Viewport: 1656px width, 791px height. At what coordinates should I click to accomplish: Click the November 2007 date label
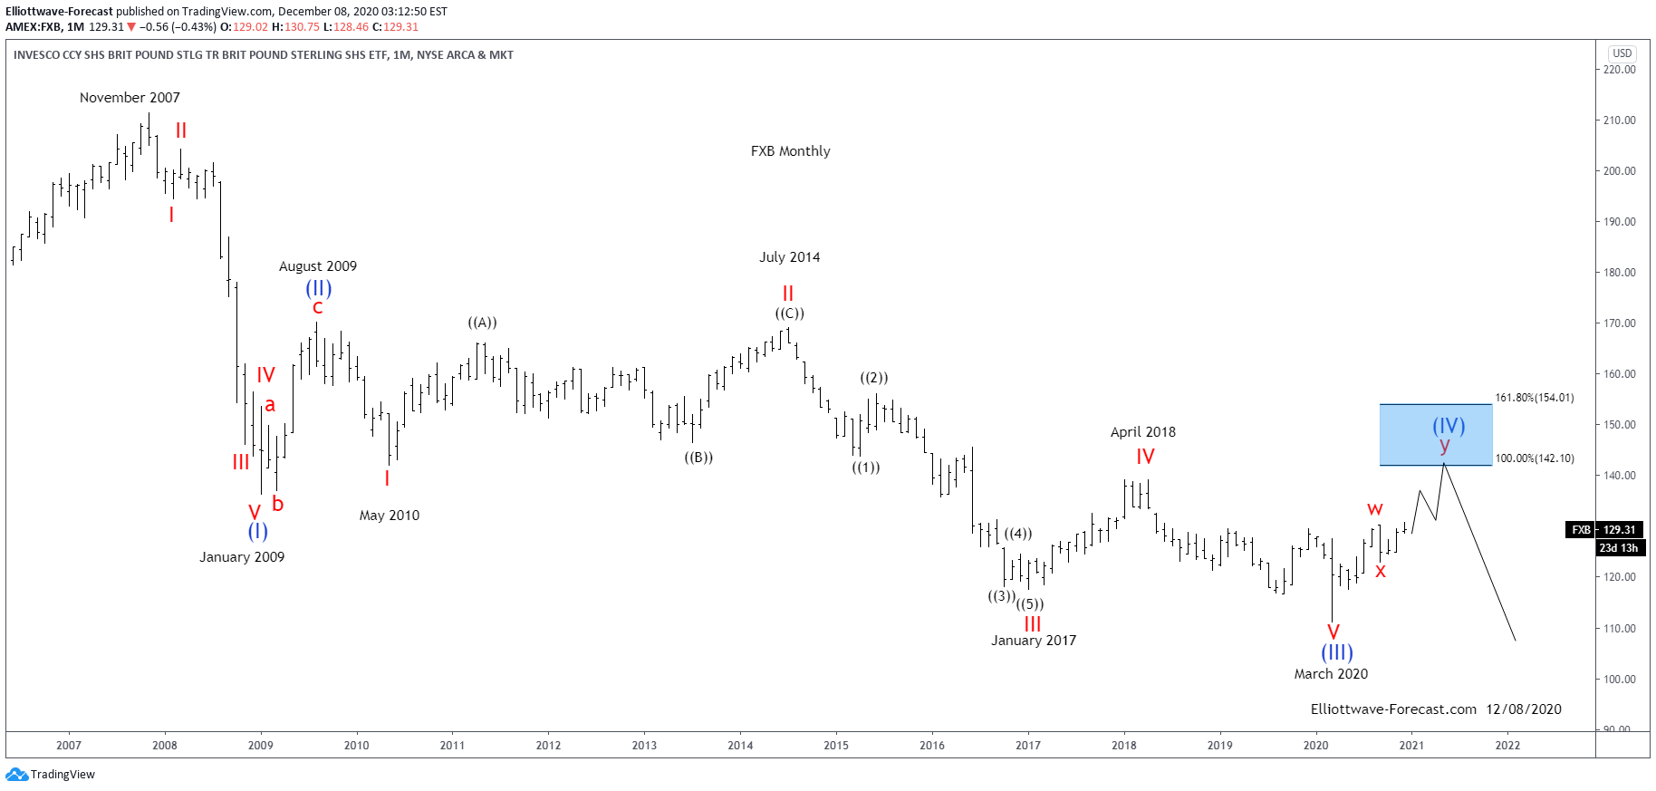tap(130, 98)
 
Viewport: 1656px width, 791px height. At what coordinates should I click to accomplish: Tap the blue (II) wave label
tap(318, 288)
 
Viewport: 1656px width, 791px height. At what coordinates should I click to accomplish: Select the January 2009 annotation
tap(242, 557)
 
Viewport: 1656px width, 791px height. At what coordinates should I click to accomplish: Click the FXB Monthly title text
tap(790, 151)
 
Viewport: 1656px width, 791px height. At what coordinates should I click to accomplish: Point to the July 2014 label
tap(789, 257)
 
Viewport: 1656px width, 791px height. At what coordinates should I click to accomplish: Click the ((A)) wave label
tap(482, 323)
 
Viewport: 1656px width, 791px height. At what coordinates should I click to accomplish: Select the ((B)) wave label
tap(698, 458)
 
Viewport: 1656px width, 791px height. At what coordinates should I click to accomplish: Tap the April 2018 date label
tap(1142, 432)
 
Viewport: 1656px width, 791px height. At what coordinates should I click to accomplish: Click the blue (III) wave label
tap(1336, 652)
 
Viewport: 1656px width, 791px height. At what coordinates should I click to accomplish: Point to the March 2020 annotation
tap(1330, 674)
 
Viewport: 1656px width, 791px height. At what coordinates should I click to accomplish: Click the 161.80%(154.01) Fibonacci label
tap(1534, 398)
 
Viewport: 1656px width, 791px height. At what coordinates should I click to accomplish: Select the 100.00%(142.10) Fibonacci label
tap(1534, 458)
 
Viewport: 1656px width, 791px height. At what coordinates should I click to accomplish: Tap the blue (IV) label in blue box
tap(1448, 425)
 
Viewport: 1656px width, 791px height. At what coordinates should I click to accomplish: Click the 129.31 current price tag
tap(1619, 530)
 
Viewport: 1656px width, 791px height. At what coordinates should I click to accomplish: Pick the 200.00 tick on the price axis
tap(1619, 171)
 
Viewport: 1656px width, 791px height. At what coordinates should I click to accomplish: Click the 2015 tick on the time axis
tap(835, 746)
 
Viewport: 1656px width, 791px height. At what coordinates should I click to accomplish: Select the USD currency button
tap(1622, 53)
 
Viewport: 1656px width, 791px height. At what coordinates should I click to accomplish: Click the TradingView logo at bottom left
tap(51, 775)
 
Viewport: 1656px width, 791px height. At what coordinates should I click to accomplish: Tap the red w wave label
tap(1374, 509)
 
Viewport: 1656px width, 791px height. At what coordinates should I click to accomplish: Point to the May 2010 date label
tap(389, 516)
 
